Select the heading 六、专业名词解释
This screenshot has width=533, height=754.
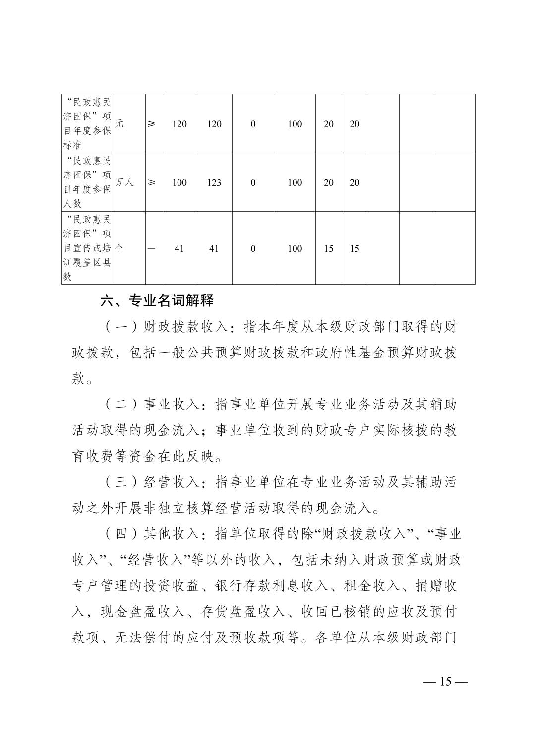[157, 300]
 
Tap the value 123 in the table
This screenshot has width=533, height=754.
[214, 182]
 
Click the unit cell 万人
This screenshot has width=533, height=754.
[124, 182]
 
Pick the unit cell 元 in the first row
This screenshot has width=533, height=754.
[119, 124]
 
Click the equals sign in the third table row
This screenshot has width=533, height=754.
[151, 248]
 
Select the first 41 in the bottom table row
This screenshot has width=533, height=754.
[179, 248]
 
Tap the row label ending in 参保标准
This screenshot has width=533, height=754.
[87, 124]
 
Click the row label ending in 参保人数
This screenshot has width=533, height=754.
[87, 182]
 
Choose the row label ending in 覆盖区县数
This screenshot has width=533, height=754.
[87, 248]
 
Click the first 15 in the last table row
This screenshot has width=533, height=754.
[328, 248]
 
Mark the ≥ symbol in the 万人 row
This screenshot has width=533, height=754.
[151, 182]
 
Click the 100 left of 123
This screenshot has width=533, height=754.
[179, 182]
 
